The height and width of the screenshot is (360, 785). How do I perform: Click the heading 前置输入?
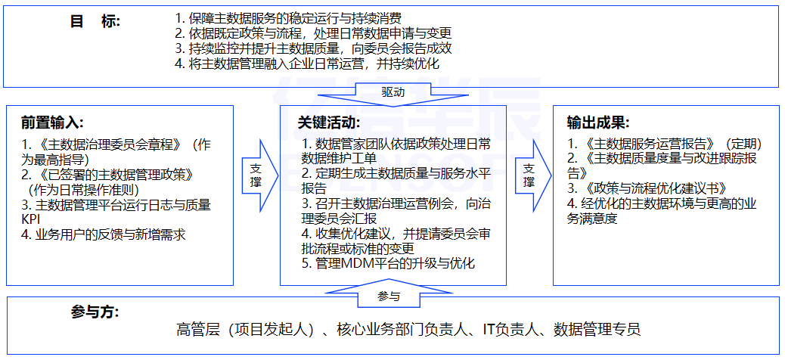click(52, 123)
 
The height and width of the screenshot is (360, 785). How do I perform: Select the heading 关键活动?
click(329, 123)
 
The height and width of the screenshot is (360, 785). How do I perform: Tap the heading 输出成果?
click(598, 123)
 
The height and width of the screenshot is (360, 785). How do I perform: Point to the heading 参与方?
click(95, 312)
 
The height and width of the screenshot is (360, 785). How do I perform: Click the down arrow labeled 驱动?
click(392, 92)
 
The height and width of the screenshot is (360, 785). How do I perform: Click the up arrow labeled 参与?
click(389, 296)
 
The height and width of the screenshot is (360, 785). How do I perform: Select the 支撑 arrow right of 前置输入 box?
click(256, 175)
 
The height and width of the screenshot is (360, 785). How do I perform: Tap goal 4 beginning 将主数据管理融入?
click(306, 64)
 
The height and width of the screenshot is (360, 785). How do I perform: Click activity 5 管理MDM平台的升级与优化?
click(387, 264)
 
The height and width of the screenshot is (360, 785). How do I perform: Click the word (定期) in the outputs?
click(743, 143)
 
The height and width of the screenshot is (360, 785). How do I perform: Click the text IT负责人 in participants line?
click(514, 330)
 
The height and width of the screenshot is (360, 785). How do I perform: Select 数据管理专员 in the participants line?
click(597, 330)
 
